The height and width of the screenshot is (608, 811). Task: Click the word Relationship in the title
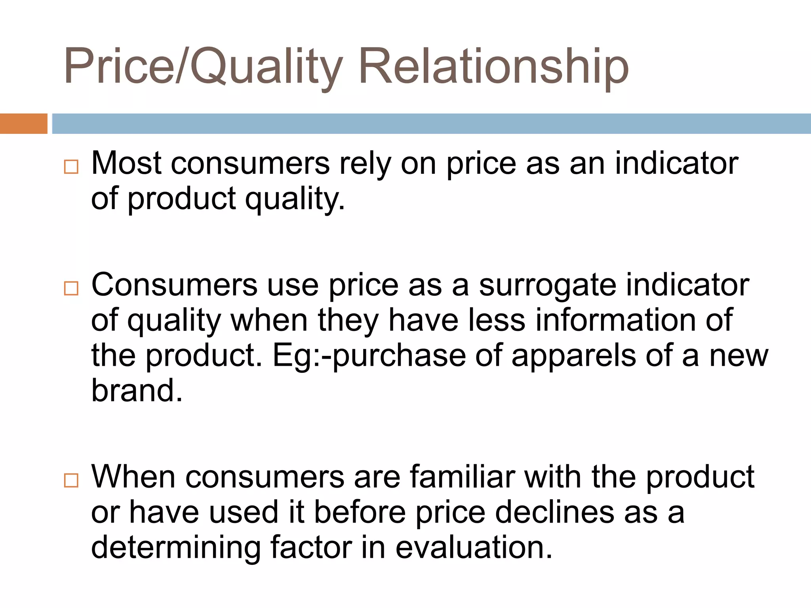pos(493,66)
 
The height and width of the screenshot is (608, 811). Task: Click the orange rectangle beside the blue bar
pos(23,123)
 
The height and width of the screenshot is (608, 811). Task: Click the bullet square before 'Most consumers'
pos(71,167)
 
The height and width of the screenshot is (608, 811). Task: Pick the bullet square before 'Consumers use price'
pos(71,289)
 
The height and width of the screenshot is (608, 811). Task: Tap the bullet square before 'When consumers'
pos(71,481)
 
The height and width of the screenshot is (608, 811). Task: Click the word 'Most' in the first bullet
pos(126,163)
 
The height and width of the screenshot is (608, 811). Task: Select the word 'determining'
pos(176,547)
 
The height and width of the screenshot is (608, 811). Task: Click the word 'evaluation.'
pos(474,547)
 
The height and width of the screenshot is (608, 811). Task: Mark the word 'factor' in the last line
pos(311,547)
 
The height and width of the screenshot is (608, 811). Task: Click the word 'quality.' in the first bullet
pos(295,198)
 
